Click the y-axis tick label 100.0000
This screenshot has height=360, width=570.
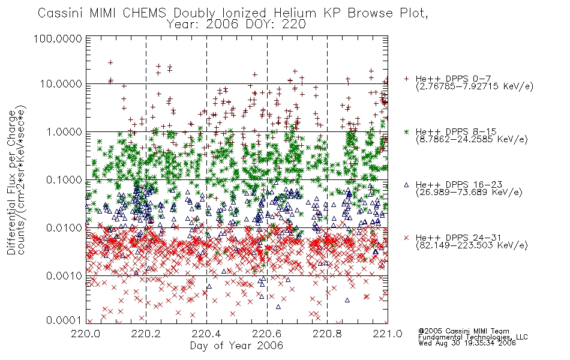[x=58, y=38]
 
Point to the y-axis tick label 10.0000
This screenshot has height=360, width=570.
[x=61, y=83]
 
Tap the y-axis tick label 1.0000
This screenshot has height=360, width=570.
[x=64, y=131]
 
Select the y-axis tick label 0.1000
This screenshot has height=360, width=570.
[x=64, y=179]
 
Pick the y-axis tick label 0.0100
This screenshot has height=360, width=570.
[x=64, y=227]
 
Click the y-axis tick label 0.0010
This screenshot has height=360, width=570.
[x=64, y=275]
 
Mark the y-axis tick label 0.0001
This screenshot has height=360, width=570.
[x=64, y=320]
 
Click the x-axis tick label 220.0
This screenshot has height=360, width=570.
[x=86, y=334]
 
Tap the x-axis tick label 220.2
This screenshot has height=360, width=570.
[x=146, y=334]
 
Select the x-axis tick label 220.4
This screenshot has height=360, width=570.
[x=206, y=334]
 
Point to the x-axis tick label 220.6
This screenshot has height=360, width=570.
[x=267, y=334]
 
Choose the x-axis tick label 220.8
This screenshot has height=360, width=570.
[x=327, y=334]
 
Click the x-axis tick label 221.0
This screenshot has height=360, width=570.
[x=388, y=334]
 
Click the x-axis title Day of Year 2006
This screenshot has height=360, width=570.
[x=236, y=346]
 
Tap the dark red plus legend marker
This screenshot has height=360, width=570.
[x=406, y=79]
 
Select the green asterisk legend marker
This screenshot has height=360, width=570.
[x=406, y=131]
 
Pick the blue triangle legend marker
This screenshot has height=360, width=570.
[x=406, y=185]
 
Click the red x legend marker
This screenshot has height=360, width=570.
[x=406, y=238]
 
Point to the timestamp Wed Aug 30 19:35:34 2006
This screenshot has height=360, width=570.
[x=467, y=343]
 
